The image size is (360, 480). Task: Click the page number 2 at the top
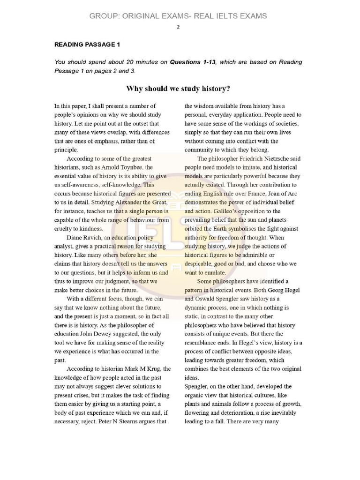(178, 27)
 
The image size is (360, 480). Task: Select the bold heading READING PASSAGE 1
(87, 45)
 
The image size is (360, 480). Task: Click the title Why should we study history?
(178, 89)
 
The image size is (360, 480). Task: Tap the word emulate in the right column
(214, 272)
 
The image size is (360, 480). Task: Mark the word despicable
(200, 263)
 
